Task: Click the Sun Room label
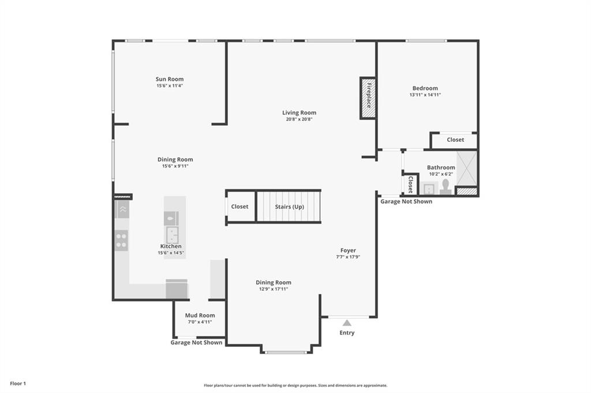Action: (x=170, y=79)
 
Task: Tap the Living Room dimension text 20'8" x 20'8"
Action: (x=300, y=119)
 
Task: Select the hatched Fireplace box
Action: (x=368, y=98)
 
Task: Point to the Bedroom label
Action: (x=425, y=88)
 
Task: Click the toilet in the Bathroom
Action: (x=446, y=187)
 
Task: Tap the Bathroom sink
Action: (x=429, y=188)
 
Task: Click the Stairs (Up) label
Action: (x=290, y=207)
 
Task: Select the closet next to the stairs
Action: (x=240, y=206)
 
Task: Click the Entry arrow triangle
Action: (x=347, y=323)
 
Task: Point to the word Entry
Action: (x=347, y=332)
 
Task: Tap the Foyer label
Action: (x=348, y=250)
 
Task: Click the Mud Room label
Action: (x=200, y=315)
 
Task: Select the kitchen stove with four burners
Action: (x=121, y=240)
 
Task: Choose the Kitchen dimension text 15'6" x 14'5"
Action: (x=171, y=253)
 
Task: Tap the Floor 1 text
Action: (x=18, y=384)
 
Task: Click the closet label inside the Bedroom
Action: (x=455, y=139)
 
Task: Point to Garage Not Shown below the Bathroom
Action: (x=406, y=201)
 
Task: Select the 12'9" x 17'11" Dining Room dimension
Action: (x=273, y=289)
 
